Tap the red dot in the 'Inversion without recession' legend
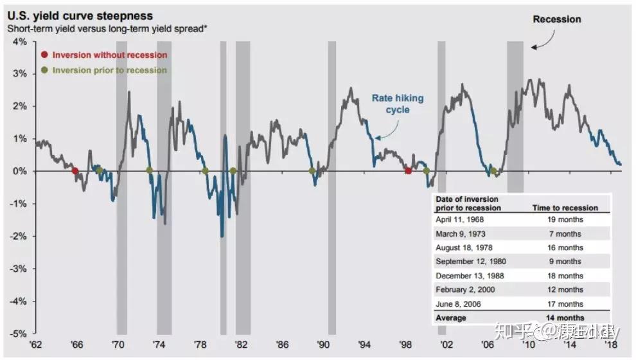44,55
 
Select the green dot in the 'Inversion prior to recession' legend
44,71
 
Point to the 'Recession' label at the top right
556,19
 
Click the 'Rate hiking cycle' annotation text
398,104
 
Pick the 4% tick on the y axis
19,41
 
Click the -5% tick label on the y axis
18,334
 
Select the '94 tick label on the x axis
365,345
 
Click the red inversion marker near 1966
75,171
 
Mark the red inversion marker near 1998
408,171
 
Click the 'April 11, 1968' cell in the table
461,219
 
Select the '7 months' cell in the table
566,233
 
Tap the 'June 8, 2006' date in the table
459,304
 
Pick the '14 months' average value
566,318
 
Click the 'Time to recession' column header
565,208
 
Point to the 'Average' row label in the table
452,318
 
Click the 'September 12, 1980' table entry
471,262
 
